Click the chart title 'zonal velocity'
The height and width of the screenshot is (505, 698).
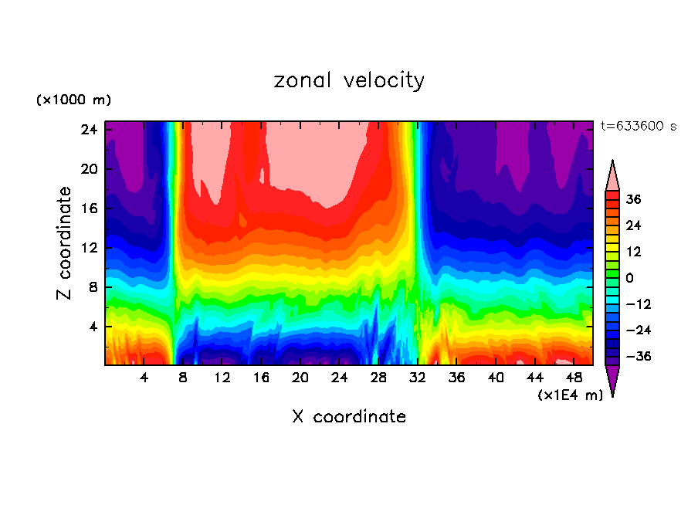pos(349,80)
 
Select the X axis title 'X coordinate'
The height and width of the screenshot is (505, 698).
pos(349,417)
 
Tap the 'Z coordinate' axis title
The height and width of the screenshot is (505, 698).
pos(65,243)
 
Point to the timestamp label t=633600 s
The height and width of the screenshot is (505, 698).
pos(639,127)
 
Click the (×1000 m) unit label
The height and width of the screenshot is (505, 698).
pos(73,100)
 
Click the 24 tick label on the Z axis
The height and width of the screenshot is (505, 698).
pos(89,130)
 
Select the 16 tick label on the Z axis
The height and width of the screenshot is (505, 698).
pos(89,208)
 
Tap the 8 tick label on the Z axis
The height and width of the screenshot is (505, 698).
pos(93,287)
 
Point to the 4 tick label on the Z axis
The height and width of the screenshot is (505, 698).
pos(93,327)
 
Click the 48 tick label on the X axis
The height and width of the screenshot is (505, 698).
pos(574,378)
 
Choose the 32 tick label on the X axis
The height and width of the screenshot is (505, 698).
pos(418,378)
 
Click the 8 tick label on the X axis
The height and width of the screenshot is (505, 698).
pos(183,378)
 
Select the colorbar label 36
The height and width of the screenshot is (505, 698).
pos(634,199)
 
